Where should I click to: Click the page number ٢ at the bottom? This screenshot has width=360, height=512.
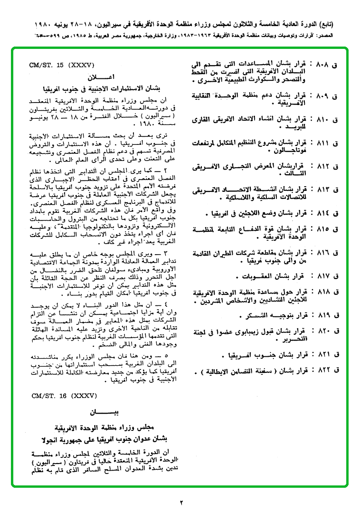(180, 502)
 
